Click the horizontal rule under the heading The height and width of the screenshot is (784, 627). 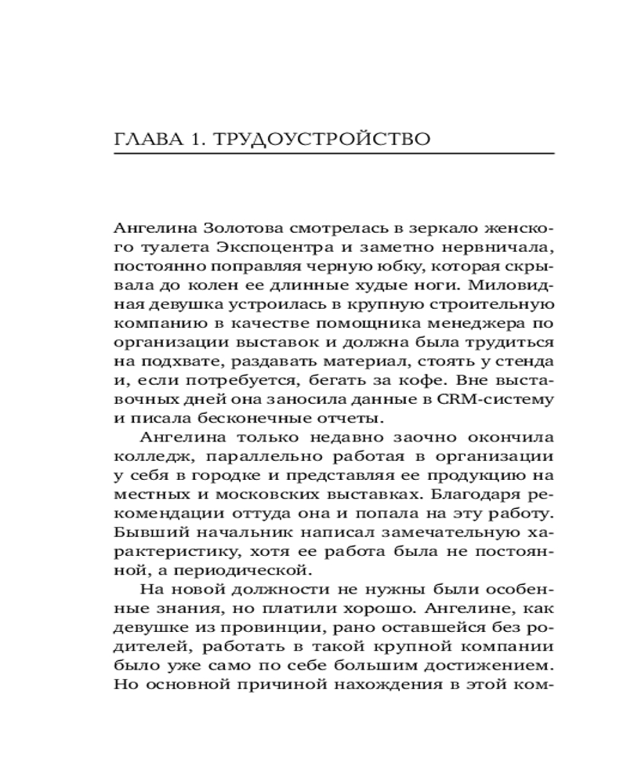tap(334, 154)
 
